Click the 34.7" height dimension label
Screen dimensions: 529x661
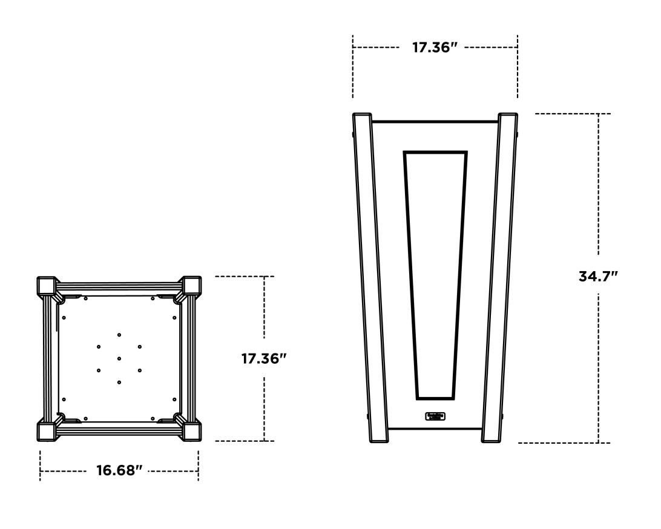598,277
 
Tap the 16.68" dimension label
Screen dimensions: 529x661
119,470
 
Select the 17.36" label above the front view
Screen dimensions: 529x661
435,47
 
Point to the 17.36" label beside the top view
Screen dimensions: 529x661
264,358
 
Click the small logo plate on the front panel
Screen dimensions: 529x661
435,416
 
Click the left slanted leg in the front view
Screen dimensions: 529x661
370,278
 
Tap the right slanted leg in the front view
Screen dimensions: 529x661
500,278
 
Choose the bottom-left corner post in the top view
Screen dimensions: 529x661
47,431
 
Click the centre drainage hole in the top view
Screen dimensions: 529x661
119,358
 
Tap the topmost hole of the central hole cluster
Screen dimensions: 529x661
119,335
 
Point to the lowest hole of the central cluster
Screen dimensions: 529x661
119,382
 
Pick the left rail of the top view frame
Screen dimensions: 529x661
47,358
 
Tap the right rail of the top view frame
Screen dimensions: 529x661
191,358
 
